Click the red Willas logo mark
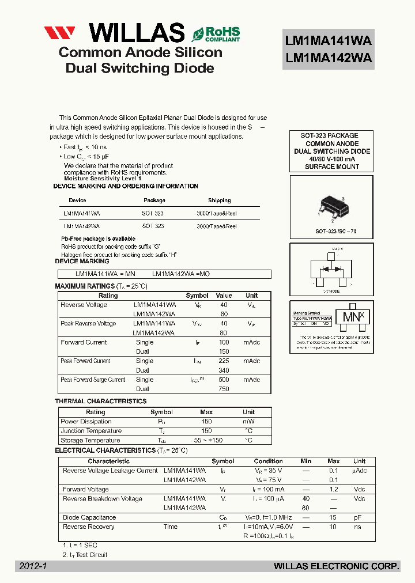click(x=60, y=33)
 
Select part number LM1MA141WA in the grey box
click(x=329, y=41)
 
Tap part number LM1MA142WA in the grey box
click(x=329, y=58)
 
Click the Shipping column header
click(x=219, y=200)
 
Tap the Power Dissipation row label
click(x=86, y=422)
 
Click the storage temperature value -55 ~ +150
click(x=206, y=440)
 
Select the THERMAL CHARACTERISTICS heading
click(x=101, y=401)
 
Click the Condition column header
click(x=268, y=461)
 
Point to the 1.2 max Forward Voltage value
click(x=333, y=490)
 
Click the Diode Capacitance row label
click(x=89, y=517)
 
